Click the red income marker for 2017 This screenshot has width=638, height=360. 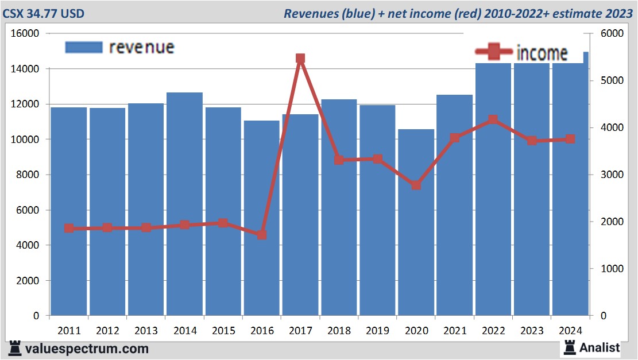(x=300, y=59)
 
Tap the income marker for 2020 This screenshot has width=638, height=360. (x=416, y=185)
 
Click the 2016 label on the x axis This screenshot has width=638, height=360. (x=262, y=331)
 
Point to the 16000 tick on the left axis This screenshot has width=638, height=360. (x=26, y=34)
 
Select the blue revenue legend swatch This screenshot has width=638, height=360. (x=83, y=47)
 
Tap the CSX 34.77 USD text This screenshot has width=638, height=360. (x=44, y=13)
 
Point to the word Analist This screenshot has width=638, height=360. (x=600, y=347)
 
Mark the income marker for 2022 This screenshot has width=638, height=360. (x=493, y=120)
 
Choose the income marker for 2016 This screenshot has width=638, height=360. (x=262, y=235)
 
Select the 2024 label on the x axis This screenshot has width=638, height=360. (x=570, y=331)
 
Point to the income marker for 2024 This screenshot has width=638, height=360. (x=570, y=139)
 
